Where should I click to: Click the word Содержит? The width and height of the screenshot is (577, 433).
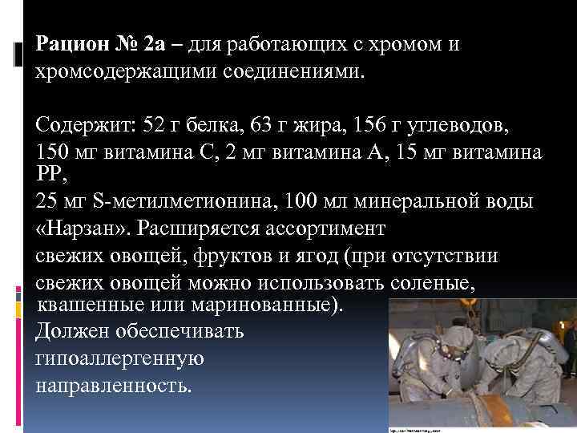[84, 125]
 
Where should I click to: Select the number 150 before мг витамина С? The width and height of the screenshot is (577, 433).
[54, 152]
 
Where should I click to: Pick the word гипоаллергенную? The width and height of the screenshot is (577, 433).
[120, 358]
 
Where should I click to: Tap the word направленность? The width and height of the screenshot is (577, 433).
[115, 385]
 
